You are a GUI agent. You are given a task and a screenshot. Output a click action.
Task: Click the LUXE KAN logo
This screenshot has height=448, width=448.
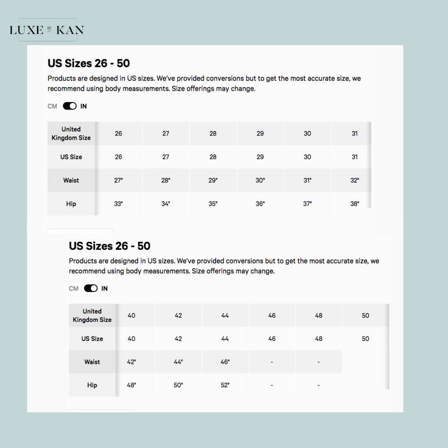coord(47,30)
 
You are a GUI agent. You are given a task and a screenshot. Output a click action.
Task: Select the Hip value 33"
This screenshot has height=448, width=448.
coord(119,204)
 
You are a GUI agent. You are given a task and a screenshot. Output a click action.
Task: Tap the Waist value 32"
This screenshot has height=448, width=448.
coord(355,180)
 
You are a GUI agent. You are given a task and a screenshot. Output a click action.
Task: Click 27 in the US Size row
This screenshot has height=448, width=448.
coord(166,157)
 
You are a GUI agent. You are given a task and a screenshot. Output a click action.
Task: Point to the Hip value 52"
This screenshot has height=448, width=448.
coord(225,385)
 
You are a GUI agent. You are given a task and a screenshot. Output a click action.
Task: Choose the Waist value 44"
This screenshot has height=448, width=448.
coord(178,362)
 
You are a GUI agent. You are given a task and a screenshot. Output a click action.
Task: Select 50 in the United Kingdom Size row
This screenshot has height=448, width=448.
coord(365,315)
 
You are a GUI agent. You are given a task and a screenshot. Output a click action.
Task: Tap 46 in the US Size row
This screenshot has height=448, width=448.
coord(272,338)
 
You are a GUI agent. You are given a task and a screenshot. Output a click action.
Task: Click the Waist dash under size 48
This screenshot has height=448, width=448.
coord(319,362)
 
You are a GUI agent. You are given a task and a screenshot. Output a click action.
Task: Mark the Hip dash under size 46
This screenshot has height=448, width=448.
coord(272,385)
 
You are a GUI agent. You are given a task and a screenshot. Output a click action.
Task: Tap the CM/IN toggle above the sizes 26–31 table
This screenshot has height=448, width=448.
coord(70,106)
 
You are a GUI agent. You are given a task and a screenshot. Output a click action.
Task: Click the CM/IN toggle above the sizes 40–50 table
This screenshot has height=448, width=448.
coord(91,288)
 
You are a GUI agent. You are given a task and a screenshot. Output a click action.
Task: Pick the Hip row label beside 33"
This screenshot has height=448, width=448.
coord(71,204)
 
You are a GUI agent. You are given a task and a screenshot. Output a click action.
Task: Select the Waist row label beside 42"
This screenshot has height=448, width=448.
coord(92,362)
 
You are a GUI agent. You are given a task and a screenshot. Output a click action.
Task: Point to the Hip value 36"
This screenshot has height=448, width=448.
coord(260,204)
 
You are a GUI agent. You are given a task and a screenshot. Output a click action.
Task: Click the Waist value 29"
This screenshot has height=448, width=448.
coord(213,180)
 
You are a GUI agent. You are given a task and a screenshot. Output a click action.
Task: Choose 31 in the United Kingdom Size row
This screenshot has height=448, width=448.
coord(355,134)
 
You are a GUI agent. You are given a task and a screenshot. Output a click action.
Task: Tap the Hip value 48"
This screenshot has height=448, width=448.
coord(131,385)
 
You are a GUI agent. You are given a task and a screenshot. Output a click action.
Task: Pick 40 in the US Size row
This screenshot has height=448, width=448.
coord(131,338)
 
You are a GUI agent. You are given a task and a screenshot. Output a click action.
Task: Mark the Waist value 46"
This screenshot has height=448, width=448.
coord(225,362)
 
